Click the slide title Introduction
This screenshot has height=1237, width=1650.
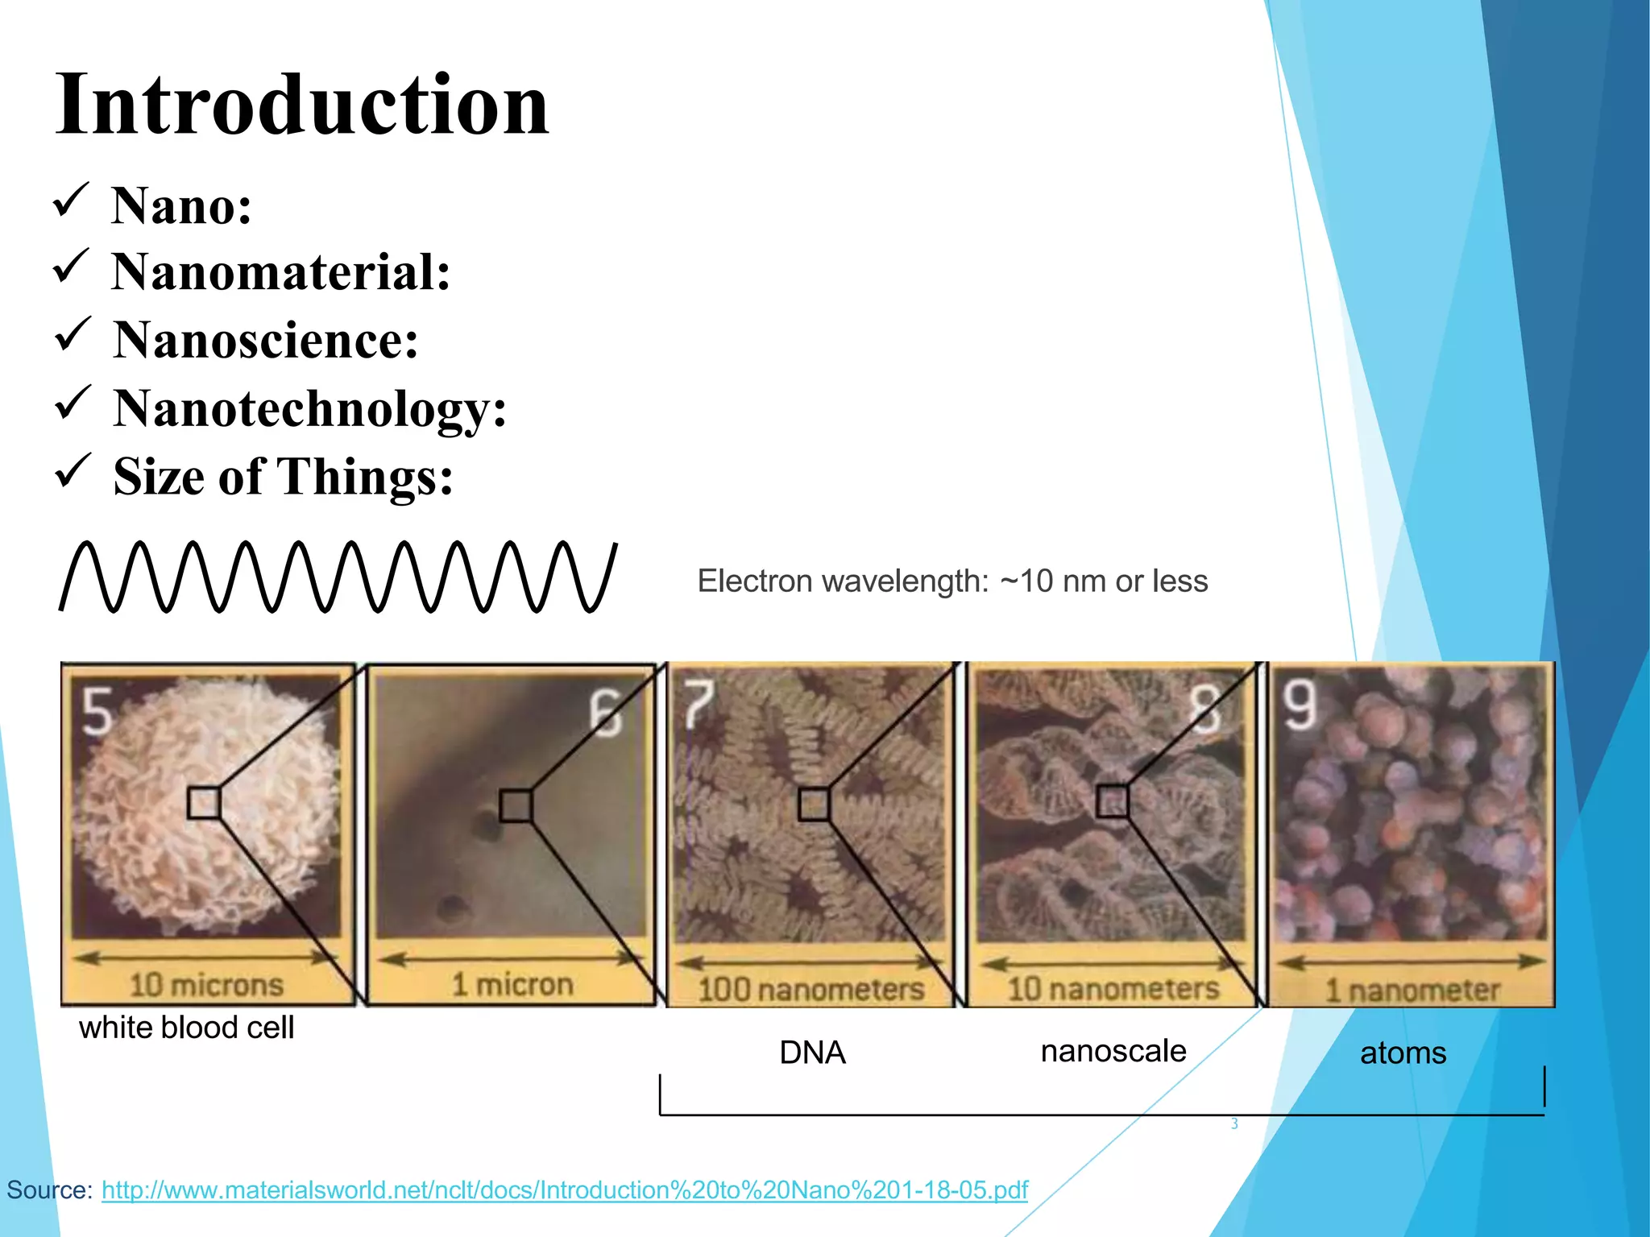pyautogui.click(x=302, y=105)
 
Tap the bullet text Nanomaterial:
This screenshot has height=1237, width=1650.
pyautogui.click(x=280, y=272)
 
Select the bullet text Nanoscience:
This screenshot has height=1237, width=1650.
pyautogui.click(x=266, y=340)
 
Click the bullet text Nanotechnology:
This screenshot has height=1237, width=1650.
pyautogui.click(x=310, y=408)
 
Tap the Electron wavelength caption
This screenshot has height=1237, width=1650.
pyautogui.click(x=952, y=581)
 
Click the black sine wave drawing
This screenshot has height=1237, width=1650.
pyautogui.click(x=338, y=577)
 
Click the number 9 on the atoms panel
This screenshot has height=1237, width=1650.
pyautogui.click(x=1300, y=705)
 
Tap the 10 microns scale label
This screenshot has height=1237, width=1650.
pyautogui.click(x=207, y=984)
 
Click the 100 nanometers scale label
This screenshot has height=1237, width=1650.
pyautogui.click(x=810, y=989)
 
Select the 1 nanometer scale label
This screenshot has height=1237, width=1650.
pyautogui.click(x=1412, y=990)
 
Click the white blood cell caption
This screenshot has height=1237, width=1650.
pyautogui.click(x=186, y=1028)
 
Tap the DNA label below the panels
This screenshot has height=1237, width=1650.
pyautogui.click(x=812, y=1053)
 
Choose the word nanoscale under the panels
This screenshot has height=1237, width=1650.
pyautogui.click(x=1113, y=1051)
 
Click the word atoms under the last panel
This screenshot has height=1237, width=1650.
pyautogui.click(x=1403, y=1053)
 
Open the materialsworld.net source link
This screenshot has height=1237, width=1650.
pyautogui.click(x=565, y=1189)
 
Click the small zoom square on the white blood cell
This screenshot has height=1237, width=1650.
pyautogui.click(x=204, y=803)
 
